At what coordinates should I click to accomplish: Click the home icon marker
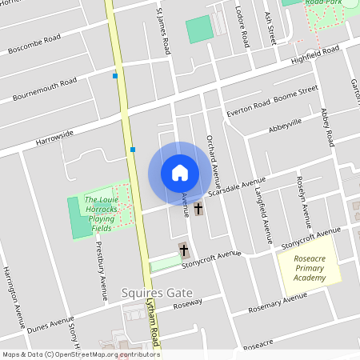[x=180, y=173]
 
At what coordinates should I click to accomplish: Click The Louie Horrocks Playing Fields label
[x=102, y=214]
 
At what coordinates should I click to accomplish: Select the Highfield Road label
[x=315, y=54]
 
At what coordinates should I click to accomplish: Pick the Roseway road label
[x=187, y=304]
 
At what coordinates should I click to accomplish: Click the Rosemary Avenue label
[x=278, y=302]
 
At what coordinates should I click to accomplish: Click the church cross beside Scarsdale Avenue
[x=198, y=210]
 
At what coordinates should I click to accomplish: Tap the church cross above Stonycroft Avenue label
[x=183, y=250]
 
